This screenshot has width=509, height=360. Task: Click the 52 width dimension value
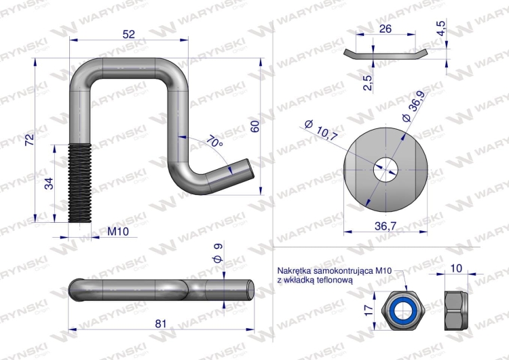pyautogui.click(x=128, y=34)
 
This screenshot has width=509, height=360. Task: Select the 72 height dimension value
pyautogui.click(x=30, y=139)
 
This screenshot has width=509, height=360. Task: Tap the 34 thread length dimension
pyautogui.click(x=49, y=183)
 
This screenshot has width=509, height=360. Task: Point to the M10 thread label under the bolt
pyautogui.click(x=118, y=232)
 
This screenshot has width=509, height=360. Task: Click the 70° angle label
pyautogui.click(x=214, y=142)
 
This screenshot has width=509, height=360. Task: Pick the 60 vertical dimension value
pyautogui.click(x=255, y=126)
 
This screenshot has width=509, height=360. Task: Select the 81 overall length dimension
pyautogui.click(x=161, y=323)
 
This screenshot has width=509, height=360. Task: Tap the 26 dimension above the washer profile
pyautogui.click(x=385, y=29)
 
